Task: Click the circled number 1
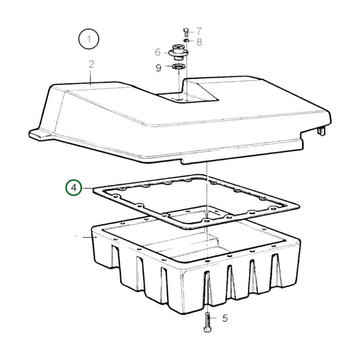click(x=88, y=41)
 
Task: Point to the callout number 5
click(x=225, y=319)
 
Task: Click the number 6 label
click(x=157, y=52)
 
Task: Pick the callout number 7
click(x=199, y=31)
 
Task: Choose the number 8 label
click(x=199, y=42)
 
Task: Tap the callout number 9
click(x=157, y=68)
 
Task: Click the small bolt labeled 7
click(x=185, y=31)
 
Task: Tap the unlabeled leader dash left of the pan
click(x=86, y=237)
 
